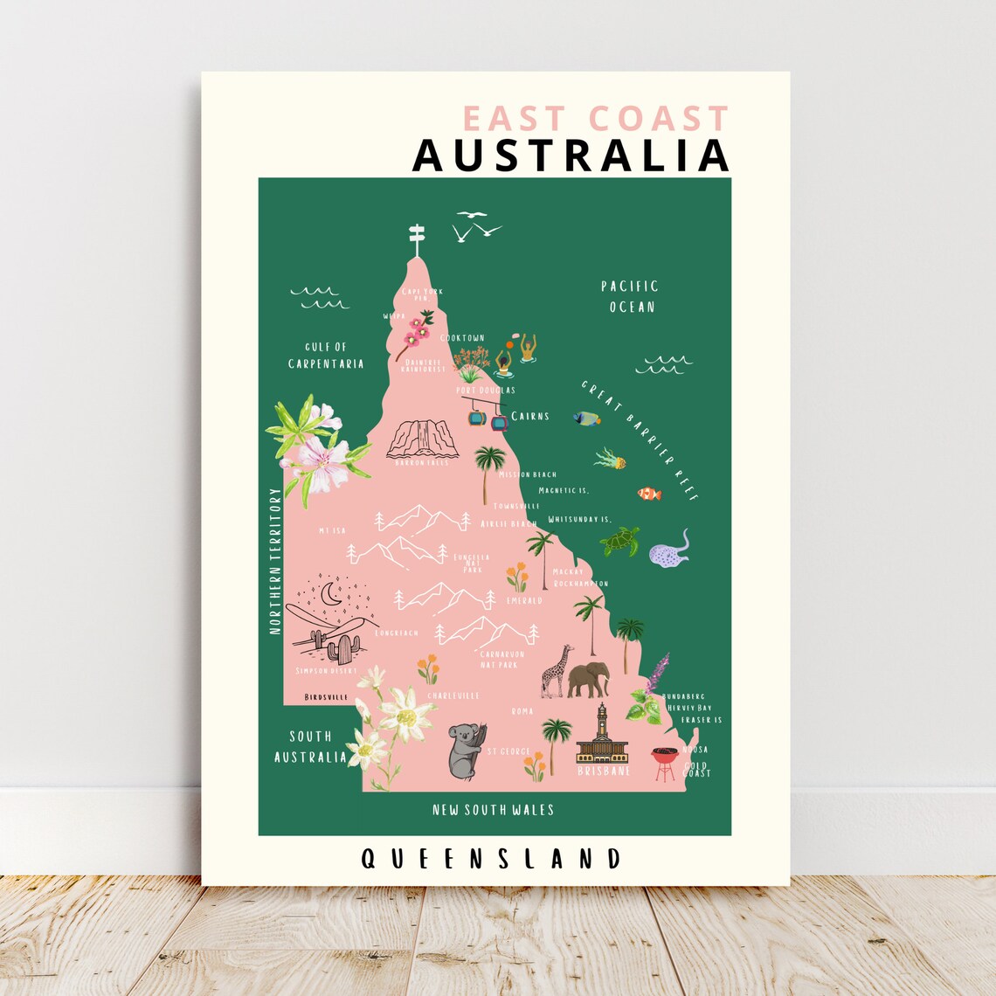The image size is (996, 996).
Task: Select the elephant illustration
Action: tap(588, 679)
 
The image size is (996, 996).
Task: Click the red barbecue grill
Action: tap(665, 763)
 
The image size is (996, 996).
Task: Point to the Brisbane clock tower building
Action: tap(602, 736)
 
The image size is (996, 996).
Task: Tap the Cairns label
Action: tap(530, 416)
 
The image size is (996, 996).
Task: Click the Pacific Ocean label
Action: tap(629, 296)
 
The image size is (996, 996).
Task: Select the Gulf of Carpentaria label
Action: tap(326, 356)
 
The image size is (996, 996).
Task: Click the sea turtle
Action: tap(620, 541)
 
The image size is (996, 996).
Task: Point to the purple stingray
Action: tap(669, 550)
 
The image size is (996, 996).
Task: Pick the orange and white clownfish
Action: tap(649, 494)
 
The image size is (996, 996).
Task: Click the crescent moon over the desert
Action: tap(331, 594)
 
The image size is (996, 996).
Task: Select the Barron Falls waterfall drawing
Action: tap(422, 439)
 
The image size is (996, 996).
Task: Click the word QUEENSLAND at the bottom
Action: tap(491, 859)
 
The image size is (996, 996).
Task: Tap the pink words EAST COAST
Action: tap(595, 119)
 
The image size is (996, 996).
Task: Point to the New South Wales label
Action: tap(493, 810)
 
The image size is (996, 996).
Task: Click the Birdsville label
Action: tap(326, 698)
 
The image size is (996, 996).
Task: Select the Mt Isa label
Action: tap(333, 530)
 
